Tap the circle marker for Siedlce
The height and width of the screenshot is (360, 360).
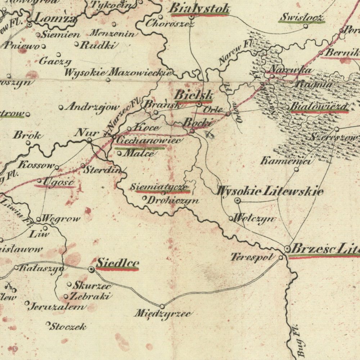coord(91,269)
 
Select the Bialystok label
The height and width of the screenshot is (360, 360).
coord(199,8)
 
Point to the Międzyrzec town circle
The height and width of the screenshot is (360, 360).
coord(162,306)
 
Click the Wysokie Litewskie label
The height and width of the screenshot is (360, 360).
coord(269,191)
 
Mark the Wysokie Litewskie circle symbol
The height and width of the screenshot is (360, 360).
coord(238,201)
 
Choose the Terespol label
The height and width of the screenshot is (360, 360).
coord(254,257)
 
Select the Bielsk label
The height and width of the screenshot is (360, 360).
coord(194,95)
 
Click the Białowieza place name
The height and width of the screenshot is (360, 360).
coord(319,107)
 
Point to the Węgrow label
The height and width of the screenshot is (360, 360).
coord(61,219)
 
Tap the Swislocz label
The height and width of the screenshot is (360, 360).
coord(302,17)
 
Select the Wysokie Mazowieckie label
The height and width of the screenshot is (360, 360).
coord(117,72)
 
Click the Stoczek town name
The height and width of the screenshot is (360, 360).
coord(68,327)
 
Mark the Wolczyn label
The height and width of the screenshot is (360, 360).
coord(254,219)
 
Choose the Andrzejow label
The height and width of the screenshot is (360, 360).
coord(92,107)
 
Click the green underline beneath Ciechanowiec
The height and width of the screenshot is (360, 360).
coord(140,148)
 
